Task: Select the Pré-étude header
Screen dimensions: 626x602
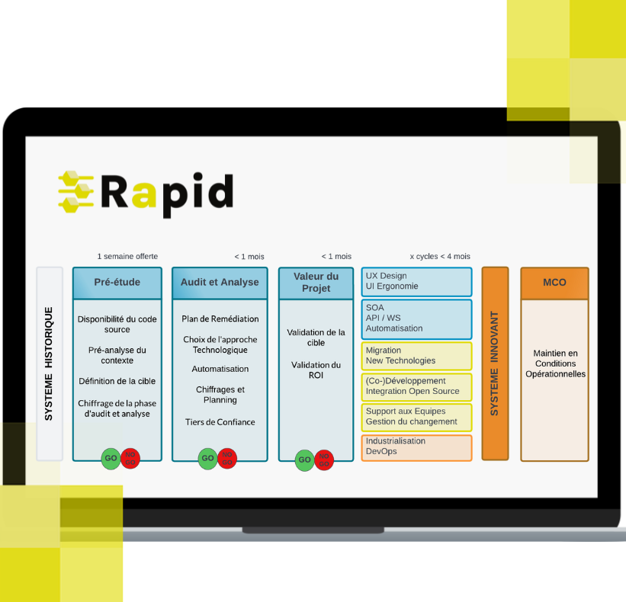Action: pos(117,283)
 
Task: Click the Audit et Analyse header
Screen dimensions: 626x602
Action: pos(220,283)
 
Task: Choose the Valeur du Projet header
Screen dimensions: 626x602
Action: pos(316,283)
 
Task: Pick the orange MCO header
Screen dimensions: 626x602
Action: pos(554,283)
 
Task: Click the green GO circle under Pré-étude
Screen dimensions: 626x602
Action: pos(111,459)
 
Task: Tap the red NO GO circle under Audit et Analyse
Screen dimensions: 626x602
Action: pos(227,459)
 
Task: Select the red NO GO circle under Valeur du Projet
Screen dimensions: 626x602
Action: pos(324,460)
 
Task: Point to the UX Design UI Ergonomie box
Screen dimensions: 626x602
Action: pos(416,282)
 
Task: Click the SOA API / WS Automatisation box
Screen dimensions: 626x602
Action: pos(416,319)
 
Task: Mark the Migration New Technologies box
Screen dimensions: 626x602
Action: pos(416,356)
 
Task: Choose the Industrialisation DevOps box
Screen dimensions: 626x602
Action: pos(416,447)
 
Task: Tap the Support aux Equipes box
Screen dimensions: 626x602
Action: pos(416,418)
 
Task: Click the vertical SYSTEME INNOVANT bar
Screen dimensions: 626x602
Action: pos(495,363)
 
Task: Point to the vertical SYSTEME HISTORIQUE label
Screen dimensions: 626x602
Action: pos(49,363)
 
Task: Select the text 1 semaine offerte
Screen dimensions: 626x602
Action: pos(127,257)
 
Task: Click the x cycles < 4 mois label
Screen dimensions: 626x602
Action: pos(440,257)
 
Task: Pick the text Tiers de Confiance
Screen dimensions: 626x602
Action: pos(220,422)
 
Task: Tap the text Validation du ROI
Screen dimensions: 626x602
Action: pos(316,370)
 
